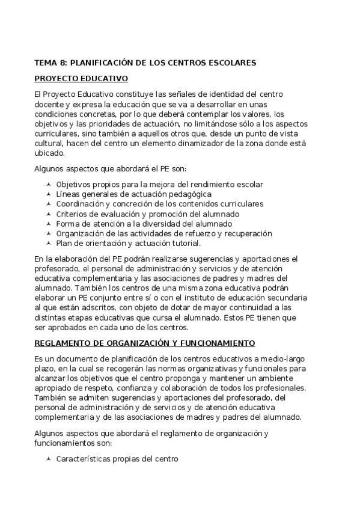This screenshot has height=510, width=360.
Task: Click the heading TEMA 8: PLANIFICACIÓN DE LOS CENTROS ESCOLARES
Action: pyautogui.click(x=145, y=63)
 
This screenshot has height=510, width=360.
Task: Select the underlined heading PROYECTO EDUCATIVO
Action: pyautogui.click(x=81, y=79)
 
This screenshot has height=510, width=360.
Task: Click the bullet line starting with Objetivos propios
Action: pyautogui.click(x=159, y=184)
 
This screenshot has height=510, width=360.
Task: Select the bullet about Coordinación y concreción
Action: pyautogui.click(x=159, y=204)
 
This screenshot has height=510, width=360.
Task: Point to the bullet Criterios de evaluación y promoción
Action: pyautogui.click(x=147, y=214)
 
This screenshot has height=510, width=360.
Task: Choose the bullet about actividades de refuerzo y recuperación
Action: pyautogui.click(x=164, y=233)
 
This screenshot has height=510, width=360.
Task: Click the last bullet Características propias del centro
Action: pyautogui.click(x=117, y=459)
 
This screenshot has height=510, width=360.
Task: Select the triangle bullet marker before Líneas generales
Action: pyautogui.click(x=49, y=194)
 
